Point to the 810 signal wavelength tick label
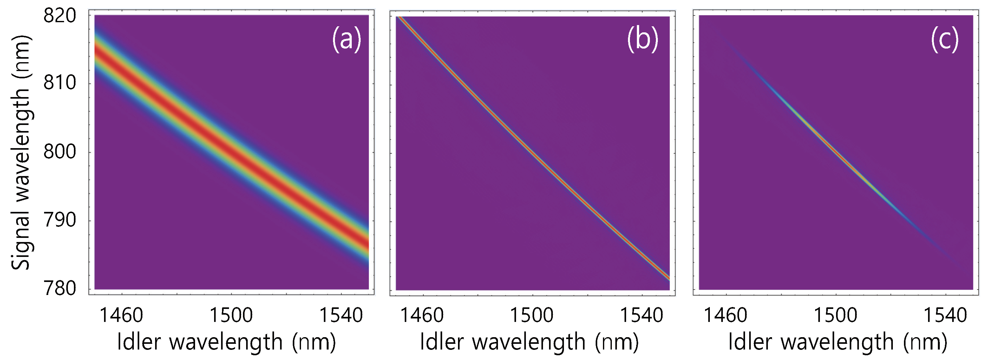pos(60,83)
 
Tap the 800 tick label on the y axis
pos(60,152)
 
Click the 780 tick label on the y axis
pos(60,288)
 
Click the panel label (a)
pos(346,39)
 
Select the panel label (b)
pos(642,39)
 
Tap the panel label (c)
pos(944,39)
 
